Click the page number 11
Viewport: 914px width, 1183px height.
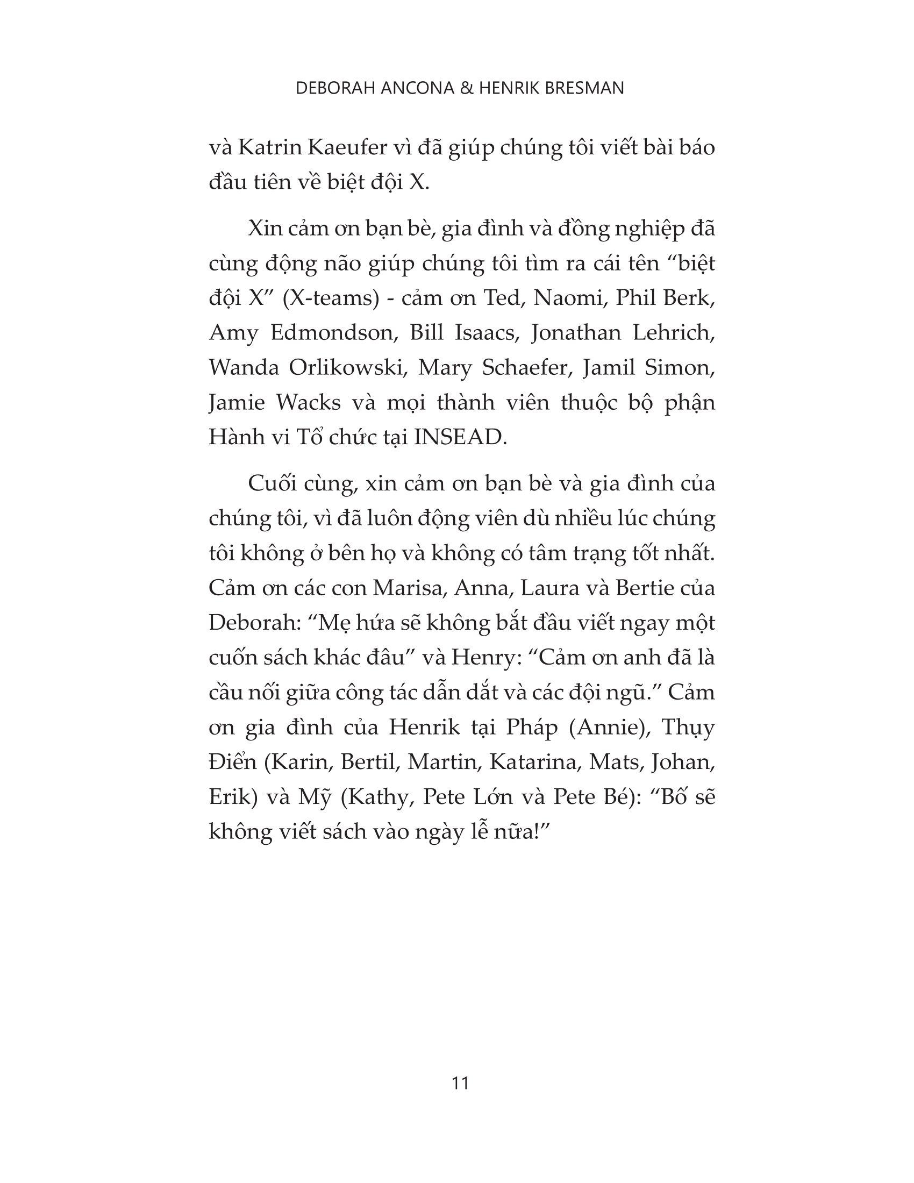coord(460,1083)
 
